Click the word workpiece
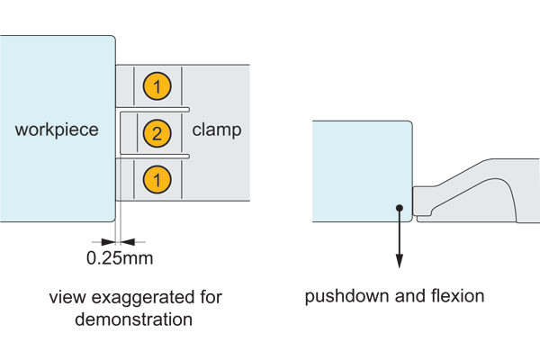[57, 130]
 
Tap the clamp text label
[217, 130]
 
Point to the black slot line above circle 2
[153, 110]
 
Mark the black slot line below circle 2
[153, 157]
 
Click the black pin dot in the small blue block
[399, 209]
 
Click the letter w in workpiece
[21, 130]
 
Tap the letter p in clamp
[237, 132]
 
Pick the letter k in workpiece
[48, 130]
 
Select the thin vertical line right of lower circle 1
[181, 180]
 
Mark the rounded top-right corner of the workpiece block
[112, 39]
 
